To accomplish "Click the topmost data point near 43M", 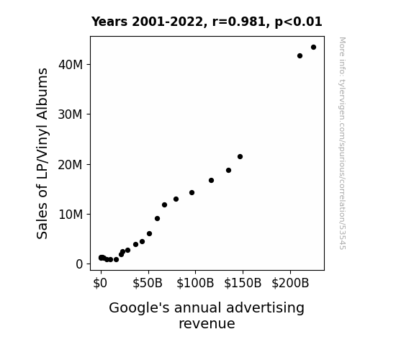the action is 313,48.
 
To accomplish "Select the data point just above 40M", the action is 300,55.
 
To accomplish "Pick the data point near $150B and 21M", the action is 240,157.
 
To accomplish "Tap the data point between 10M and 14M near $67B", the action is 164,204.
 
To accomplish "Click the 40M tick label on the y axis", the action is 71,65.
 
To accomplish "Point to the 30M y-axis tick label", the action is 71,114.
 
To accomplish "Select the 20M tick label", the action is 71,165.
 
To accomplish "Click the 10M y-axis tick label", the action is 71,215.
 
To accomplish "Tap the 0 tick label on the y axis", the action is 79,264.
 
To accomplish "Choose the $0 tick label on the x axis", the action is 100,284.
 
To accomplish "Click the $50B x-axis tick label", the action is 148,284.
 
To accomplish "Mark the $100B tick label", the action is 195,284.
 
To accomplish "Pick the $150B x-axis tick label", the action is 243,284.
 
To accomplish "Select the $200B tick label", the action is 290,284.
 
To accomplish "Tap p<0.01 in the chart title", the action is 298,22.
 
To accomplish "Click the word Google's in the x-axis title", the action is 139,308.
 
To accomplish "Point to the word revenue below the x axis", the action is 207,324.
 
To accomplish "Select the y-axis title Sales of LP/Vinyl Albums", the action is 42,153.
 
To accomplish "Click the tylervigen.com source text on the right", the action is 342,143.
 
